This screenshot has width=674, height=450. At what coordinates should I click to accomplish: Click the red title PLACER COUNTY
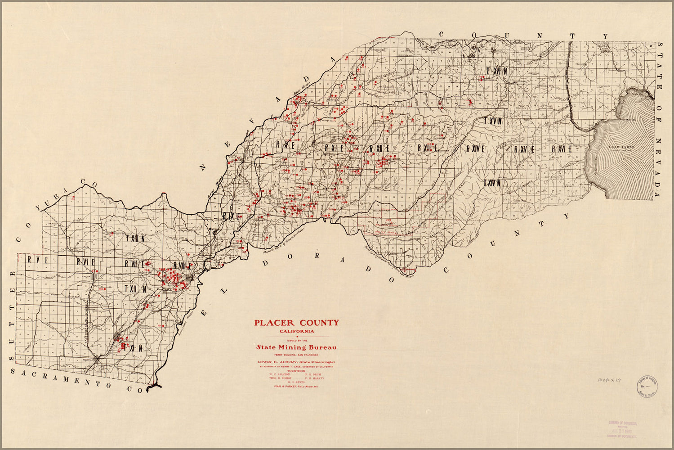(x=296, y=323)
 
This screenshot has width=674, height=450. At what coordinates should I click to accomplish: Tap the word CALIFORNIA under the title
(x=296, y=332)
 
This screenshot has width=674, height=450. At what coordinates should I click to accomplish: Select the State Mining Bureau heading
(x=296, y=347)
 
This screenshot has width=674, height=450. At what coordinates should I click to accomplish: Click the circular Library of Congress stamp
(x=647, y=386)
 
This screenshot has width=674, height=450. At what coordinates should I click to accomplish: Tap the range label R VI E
(x=85, y=261)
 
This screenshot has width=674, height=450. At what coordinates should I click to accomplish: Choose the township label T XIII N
(x=135, y=238)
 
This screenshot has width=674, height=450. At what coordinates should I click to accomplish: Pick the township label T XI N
(x=133, y=348)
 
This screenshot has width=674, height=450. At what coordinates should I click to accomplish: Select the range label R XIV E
(x=475, y=148)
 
